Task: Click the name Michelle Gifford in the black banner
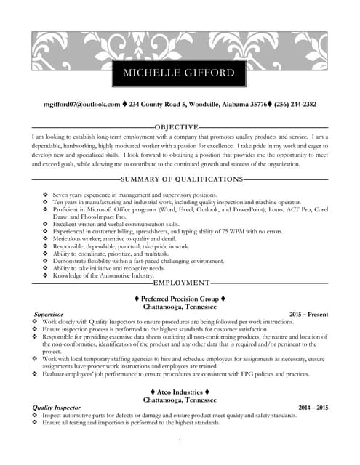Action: pos(180,73)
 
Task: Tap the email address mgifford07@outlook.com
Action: pos(81,105)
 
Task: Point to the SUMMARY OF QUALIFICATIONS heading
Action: pos(182,179)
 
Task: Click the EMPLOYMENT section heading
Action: pos(182,282)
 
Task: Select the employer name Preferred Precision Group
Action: pos(180,299)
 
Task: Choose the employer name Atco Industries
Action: pos(180,392)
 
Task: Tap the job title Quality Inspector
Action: pos(57,408)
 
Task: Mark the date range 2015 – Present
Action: pos(308,314)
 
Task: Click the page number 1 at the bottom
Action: pos(180,441)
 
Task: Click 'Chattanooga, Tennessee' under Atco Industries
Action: pos(180,400)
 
